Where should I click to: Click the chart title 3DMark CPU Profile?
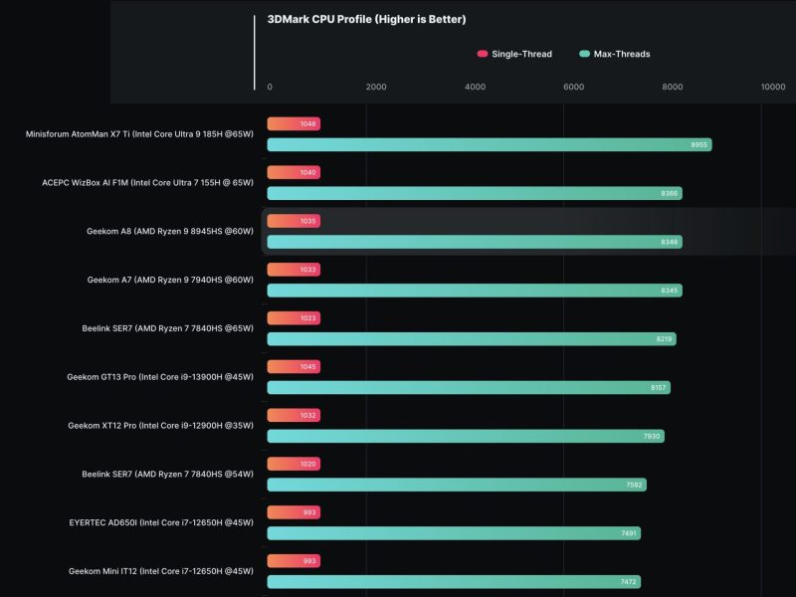(x=366, y=19)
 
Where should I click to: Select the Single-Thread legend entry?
(x=514, y=54)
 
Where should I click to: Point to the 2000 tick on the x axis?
(x=376, y=88)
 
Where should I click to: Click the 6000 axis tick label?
(x=574, y=88)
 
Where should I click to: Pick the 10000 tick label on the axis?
(x=773, y=88)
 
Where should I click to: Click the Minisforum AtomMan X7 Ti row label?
(x=140, y=133)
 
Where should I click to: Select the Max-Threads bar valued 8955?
(x=489, y=145)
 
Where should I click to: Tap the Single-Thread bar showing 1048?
(x=294, y=124)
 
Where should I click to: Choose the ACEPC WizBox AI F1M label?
(x=148, y=182)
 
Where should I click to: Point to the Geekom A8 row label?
(x=170, y=231)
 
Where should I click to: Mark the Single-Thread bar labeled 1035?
(x=294, y=221)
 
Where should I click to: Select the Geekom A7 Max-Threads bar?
(x=474, y=291)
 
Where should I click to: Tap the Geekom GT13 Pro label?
(x=160, y=377)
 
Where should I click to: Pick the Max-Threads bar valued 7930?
(x=465, y=436)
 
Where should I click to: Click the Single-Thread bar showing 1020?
(x=294, y=464)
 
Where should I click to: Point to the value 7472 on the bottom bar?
(x=629, y=581)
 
